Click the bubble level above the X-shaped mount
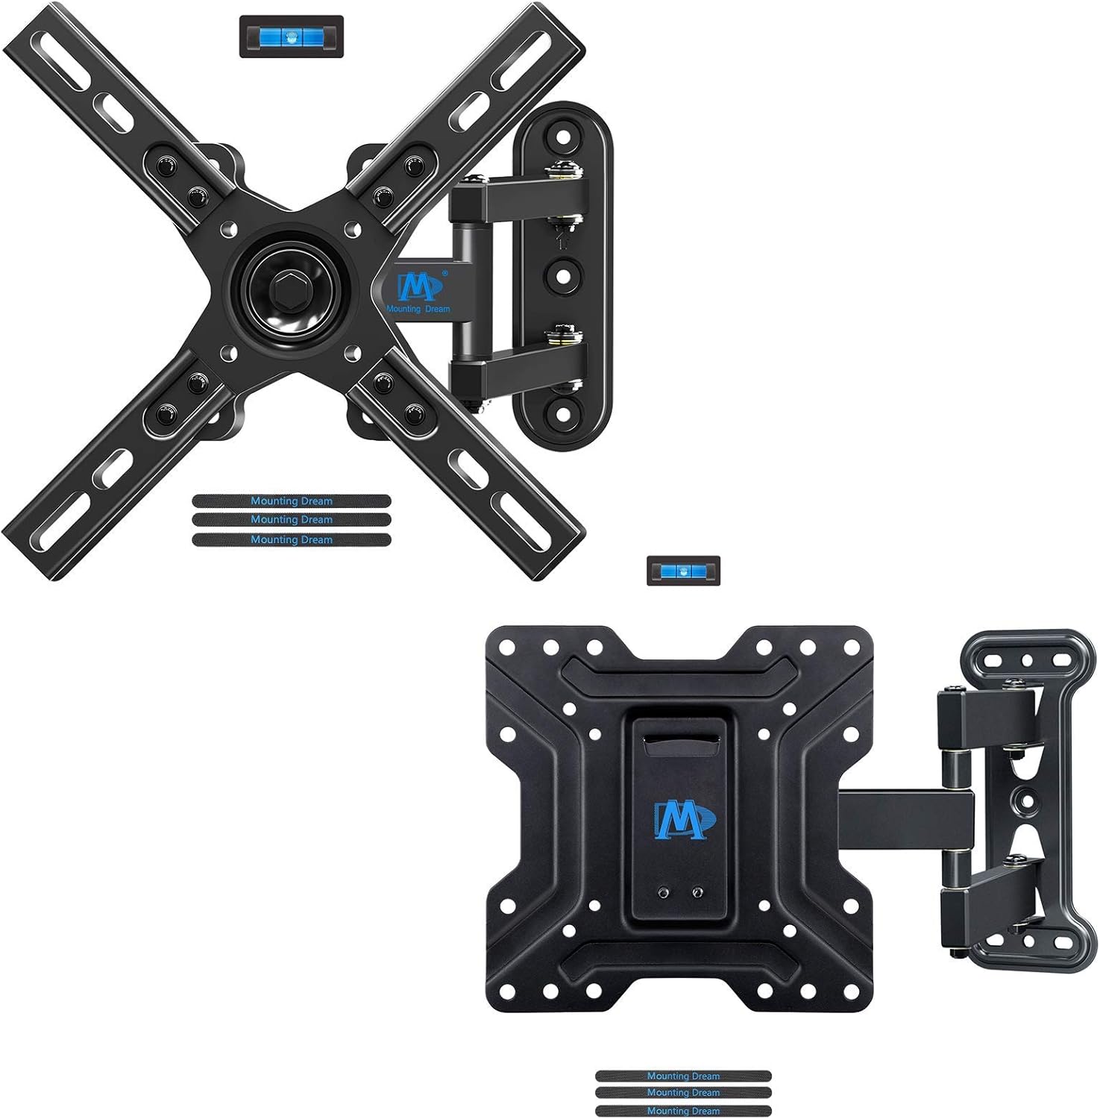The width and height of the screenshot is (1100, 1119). coord(291,37)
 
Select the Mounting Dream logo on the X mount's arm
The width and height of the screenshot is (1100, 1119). coord(418,292)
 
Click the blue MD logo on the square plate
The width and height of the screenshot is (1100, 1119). coord(685,819)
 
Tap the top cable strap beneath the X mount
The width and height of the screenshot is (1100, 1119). coord(291,501)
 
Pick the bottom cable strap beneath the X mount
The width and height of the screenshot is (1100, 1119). coord(291,539)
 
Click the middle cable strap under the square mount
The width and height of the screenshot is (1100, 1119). coord(683,1092)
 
